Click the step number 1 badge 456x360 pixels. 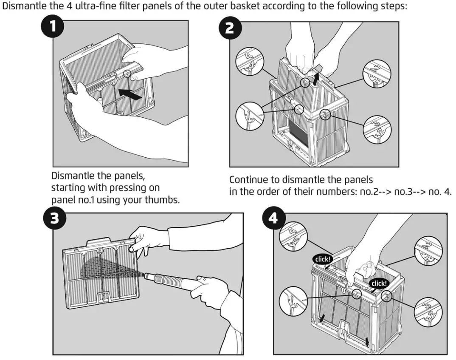pyautogui.click(x=53, y=28)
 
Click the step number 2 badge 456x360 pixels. pyautogui.click(x=229, y=28)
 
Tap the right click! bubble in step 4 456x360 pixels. pyautogui.click(x=379, y=283)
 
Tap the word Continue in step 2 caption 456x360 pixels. pyautogui.click(x=246, y=179)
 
